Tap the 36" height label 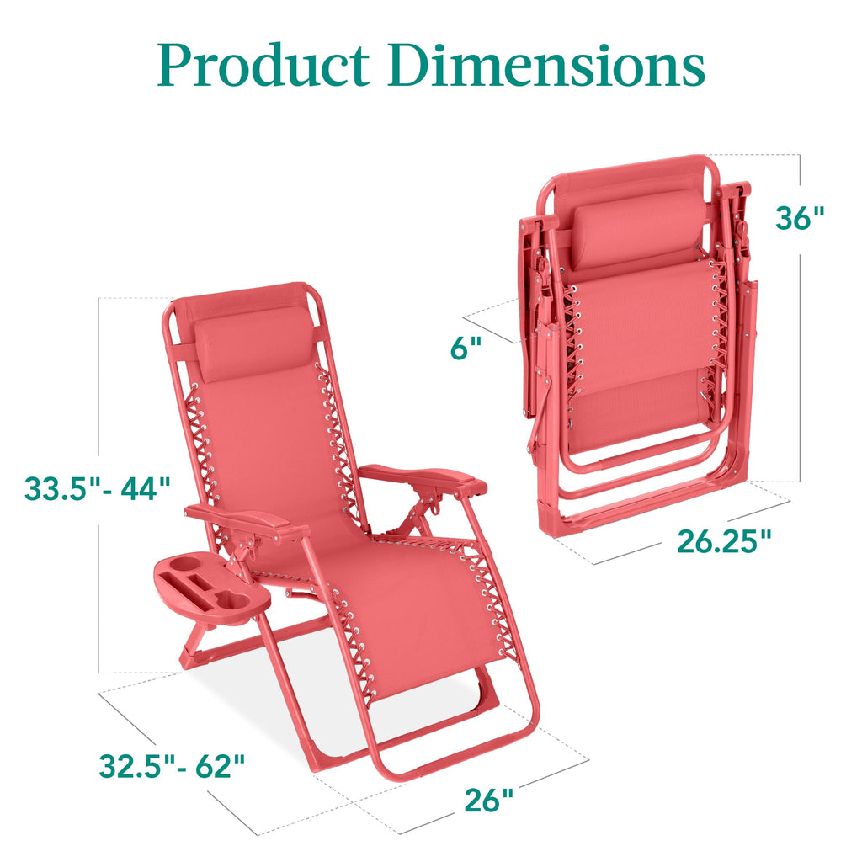pyautogui.click(x=799, y=218)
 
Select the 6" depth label pyautogui.click(x=465, y=348)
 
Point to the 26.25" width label pyautogui.click(x=724, y=541)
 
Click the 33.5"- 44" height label pyautogui.click(x=98, y=487)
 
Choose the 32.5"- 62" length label pyautogui.click(x=172, y=765)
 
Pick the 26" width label pyautogui.click(x=488, y=801)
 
